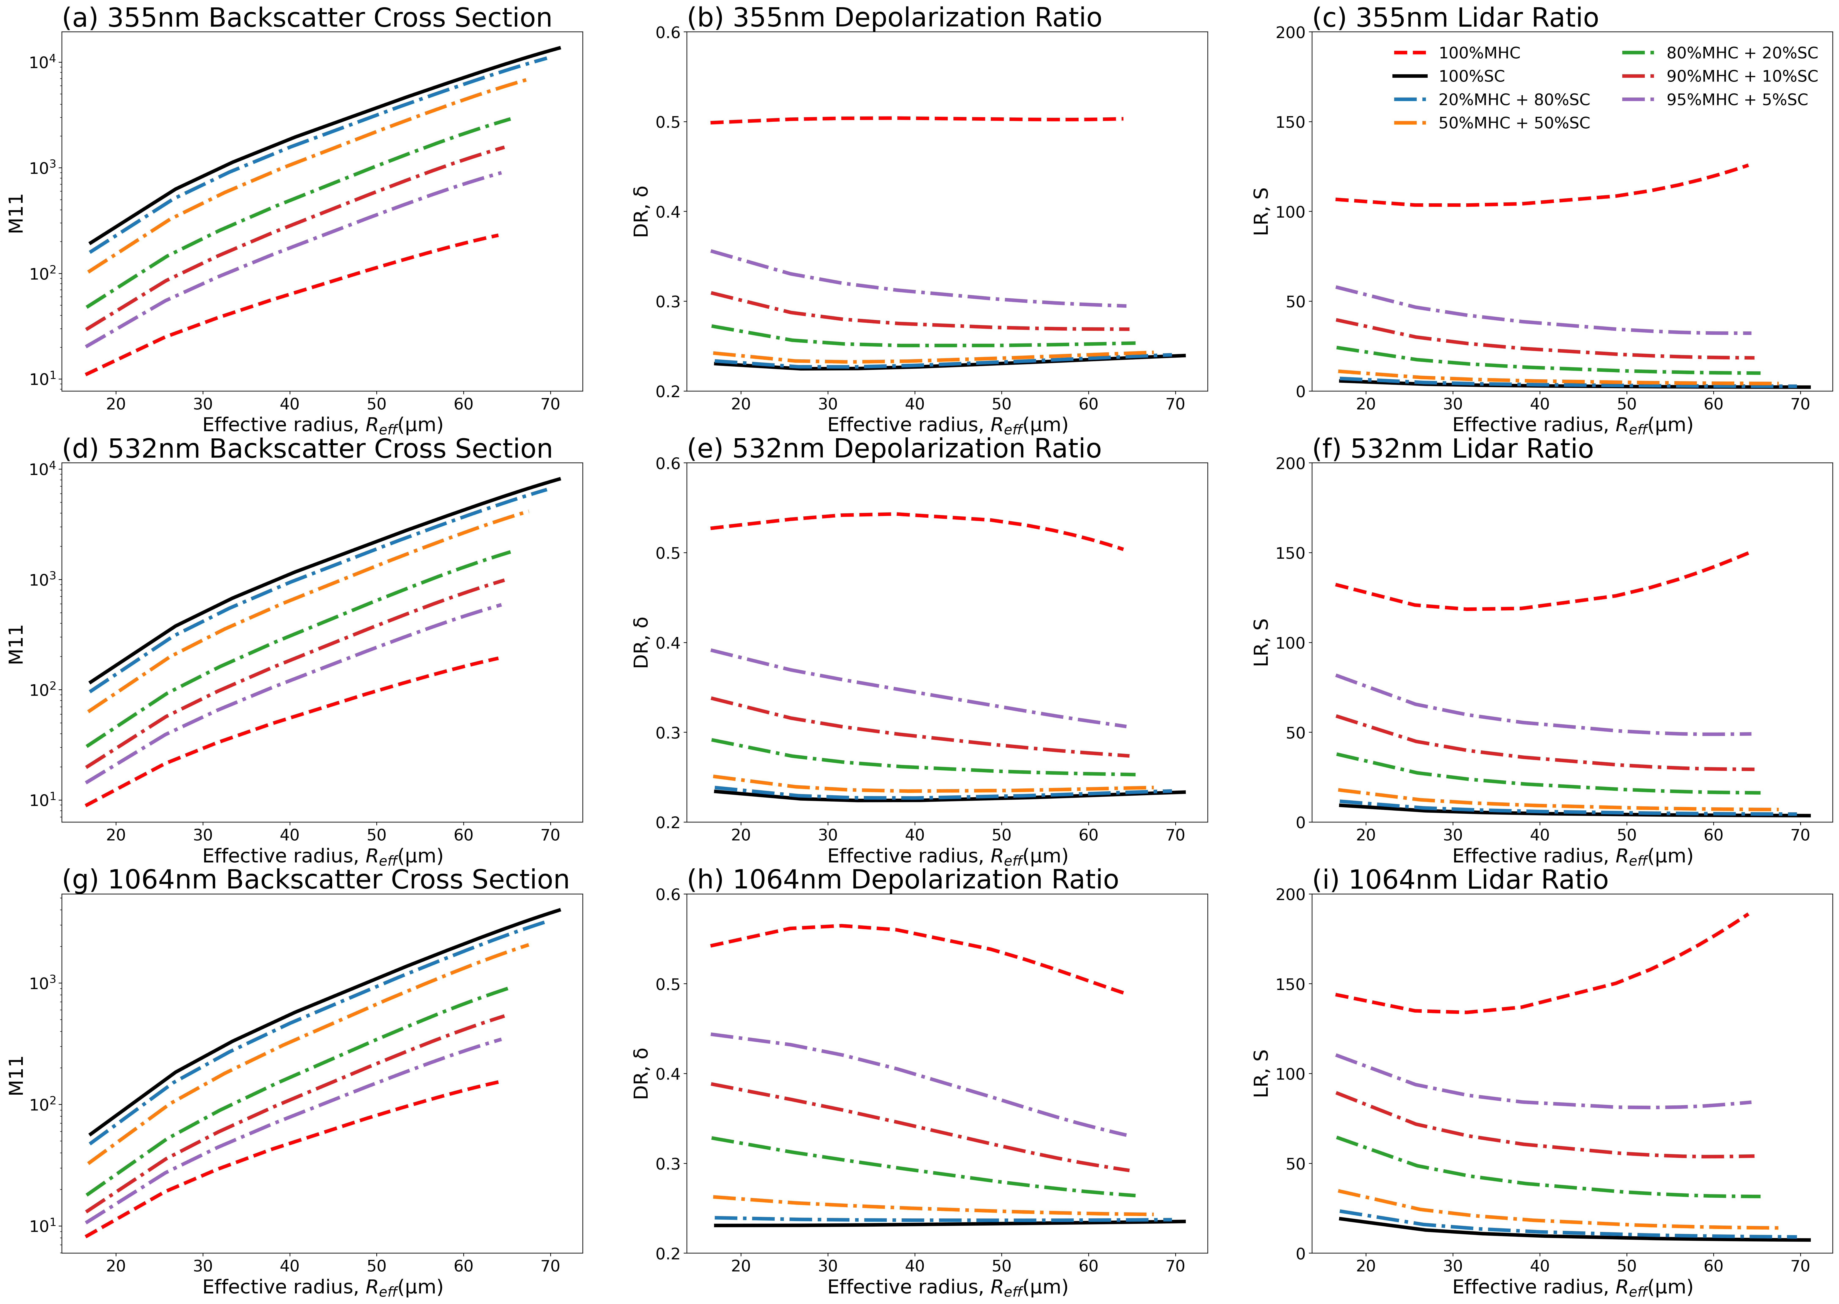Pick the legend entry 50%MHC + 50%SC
point(1491,123)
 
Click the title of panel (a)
point(307,18)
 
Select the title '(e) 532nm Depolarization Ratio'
point(894,448)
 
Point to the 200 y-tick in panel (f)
point(1291,463)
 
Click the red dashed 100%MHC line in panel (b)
point(915,118)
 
